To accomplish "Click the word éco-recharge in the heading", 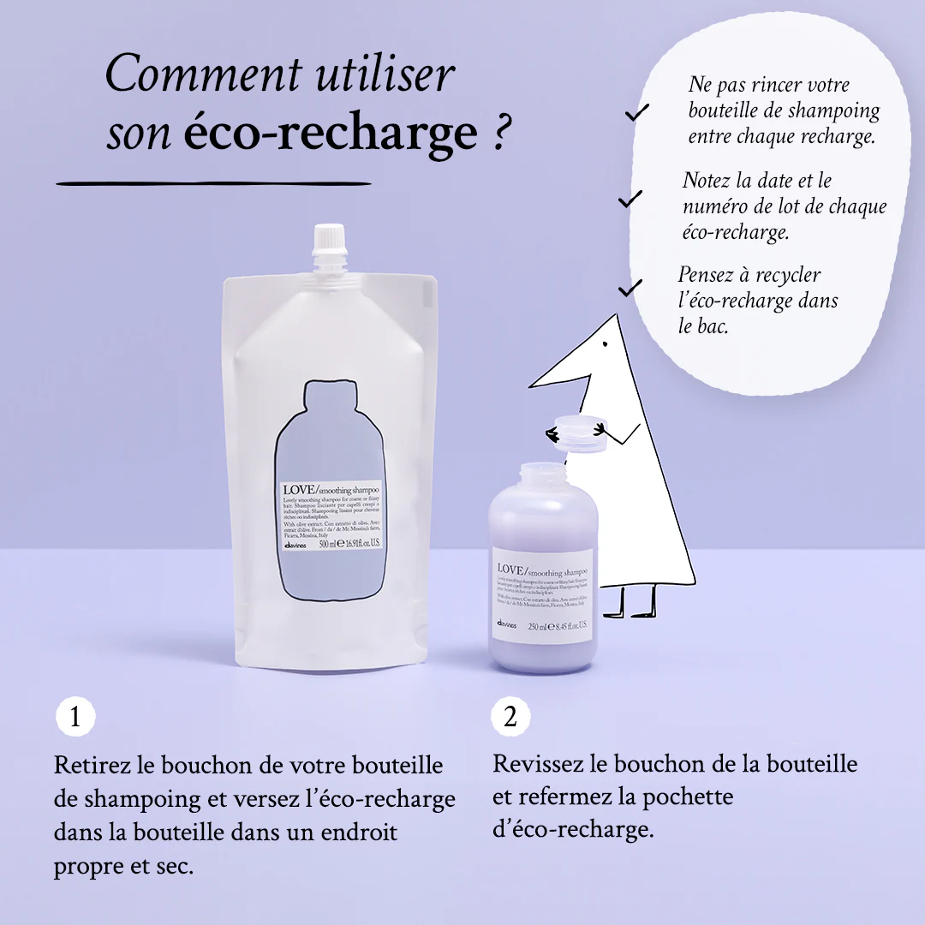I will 330,134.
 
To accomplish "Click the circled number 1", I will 75,717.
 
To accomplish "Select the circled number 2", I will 510,717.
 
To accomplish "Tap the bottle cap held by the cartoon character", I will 581,433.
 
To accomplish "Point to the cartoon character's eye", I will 606,346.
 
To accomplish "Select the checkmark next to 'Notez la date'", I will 630,199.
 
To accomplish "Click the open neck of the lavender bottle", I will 540,474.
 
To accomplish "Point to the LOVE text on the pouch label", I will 301,491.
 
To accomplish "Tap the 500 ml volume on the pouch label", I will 329,543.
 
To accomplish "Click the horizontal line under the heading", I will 214,183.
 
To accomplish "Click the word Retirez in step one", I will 89,765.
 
